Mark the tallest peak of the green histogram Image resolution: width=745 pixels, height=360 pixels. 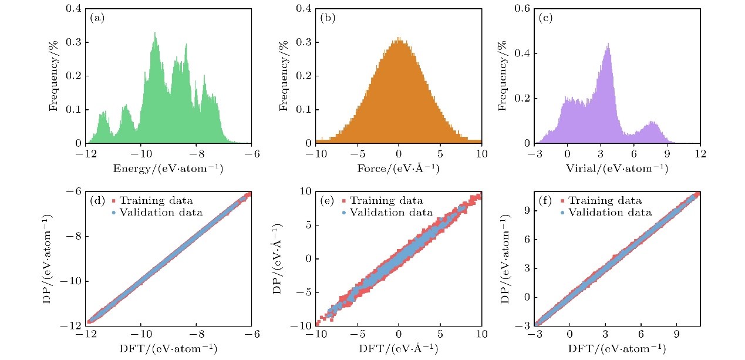coord(155,33)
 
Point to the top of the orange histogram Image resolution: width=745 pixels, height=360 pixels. coord(399,39)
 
